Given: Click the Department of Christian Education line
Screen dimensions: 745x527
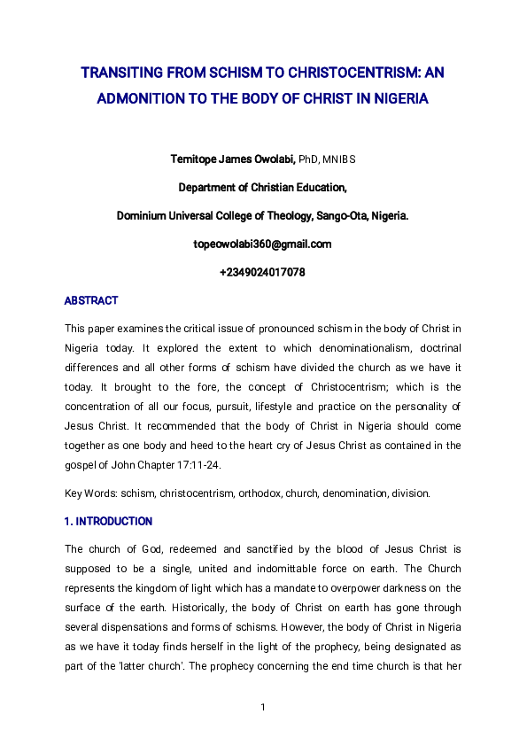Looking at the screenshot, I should [x=262, y=187].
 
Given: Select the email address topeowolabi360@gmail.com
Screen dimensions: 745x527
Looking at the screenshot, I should [x=262, y=244].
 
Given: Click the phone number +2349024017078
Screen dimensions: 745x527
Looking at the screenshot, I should [x=262, y=272].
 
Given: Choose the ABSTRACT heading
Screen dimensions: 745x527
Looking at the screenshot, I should [x=91, y=301].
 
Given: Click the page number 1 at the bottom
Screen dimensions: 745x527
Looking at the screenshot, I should [x=263, y=706].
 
